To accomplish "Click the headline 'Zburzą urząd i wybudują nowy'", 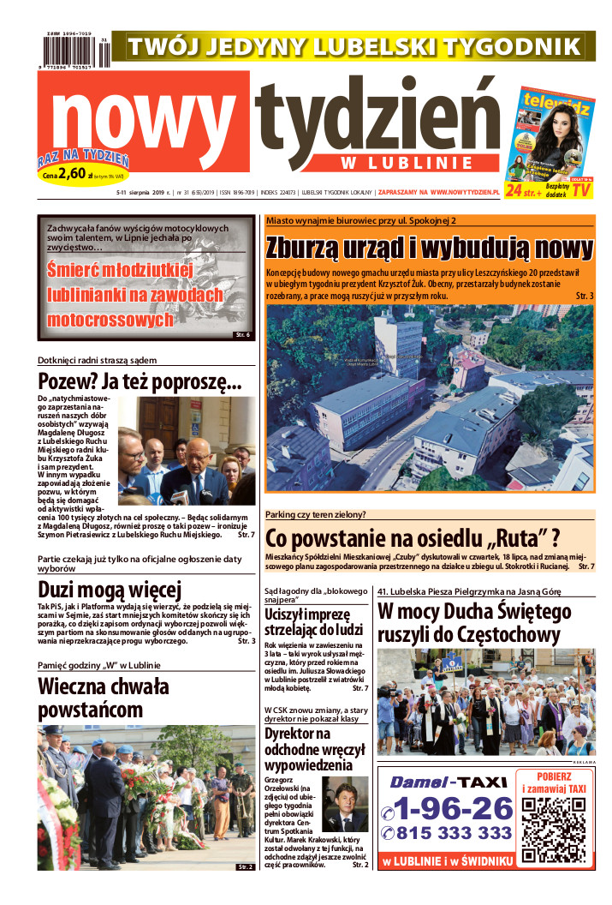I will [x=429, y=249].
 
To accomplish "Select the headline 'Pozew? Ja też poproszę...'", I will [x=140, y=381].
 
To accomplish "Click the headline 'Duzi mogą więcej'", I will [x=110, y=590].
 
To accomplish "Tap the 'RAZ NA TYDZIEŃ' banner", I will [x=82, y=159].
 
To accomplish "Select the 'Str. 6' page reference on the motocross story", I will [x=242, y=334].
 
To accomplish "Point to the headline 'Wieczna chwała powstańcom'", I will [x=104, y=698].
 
